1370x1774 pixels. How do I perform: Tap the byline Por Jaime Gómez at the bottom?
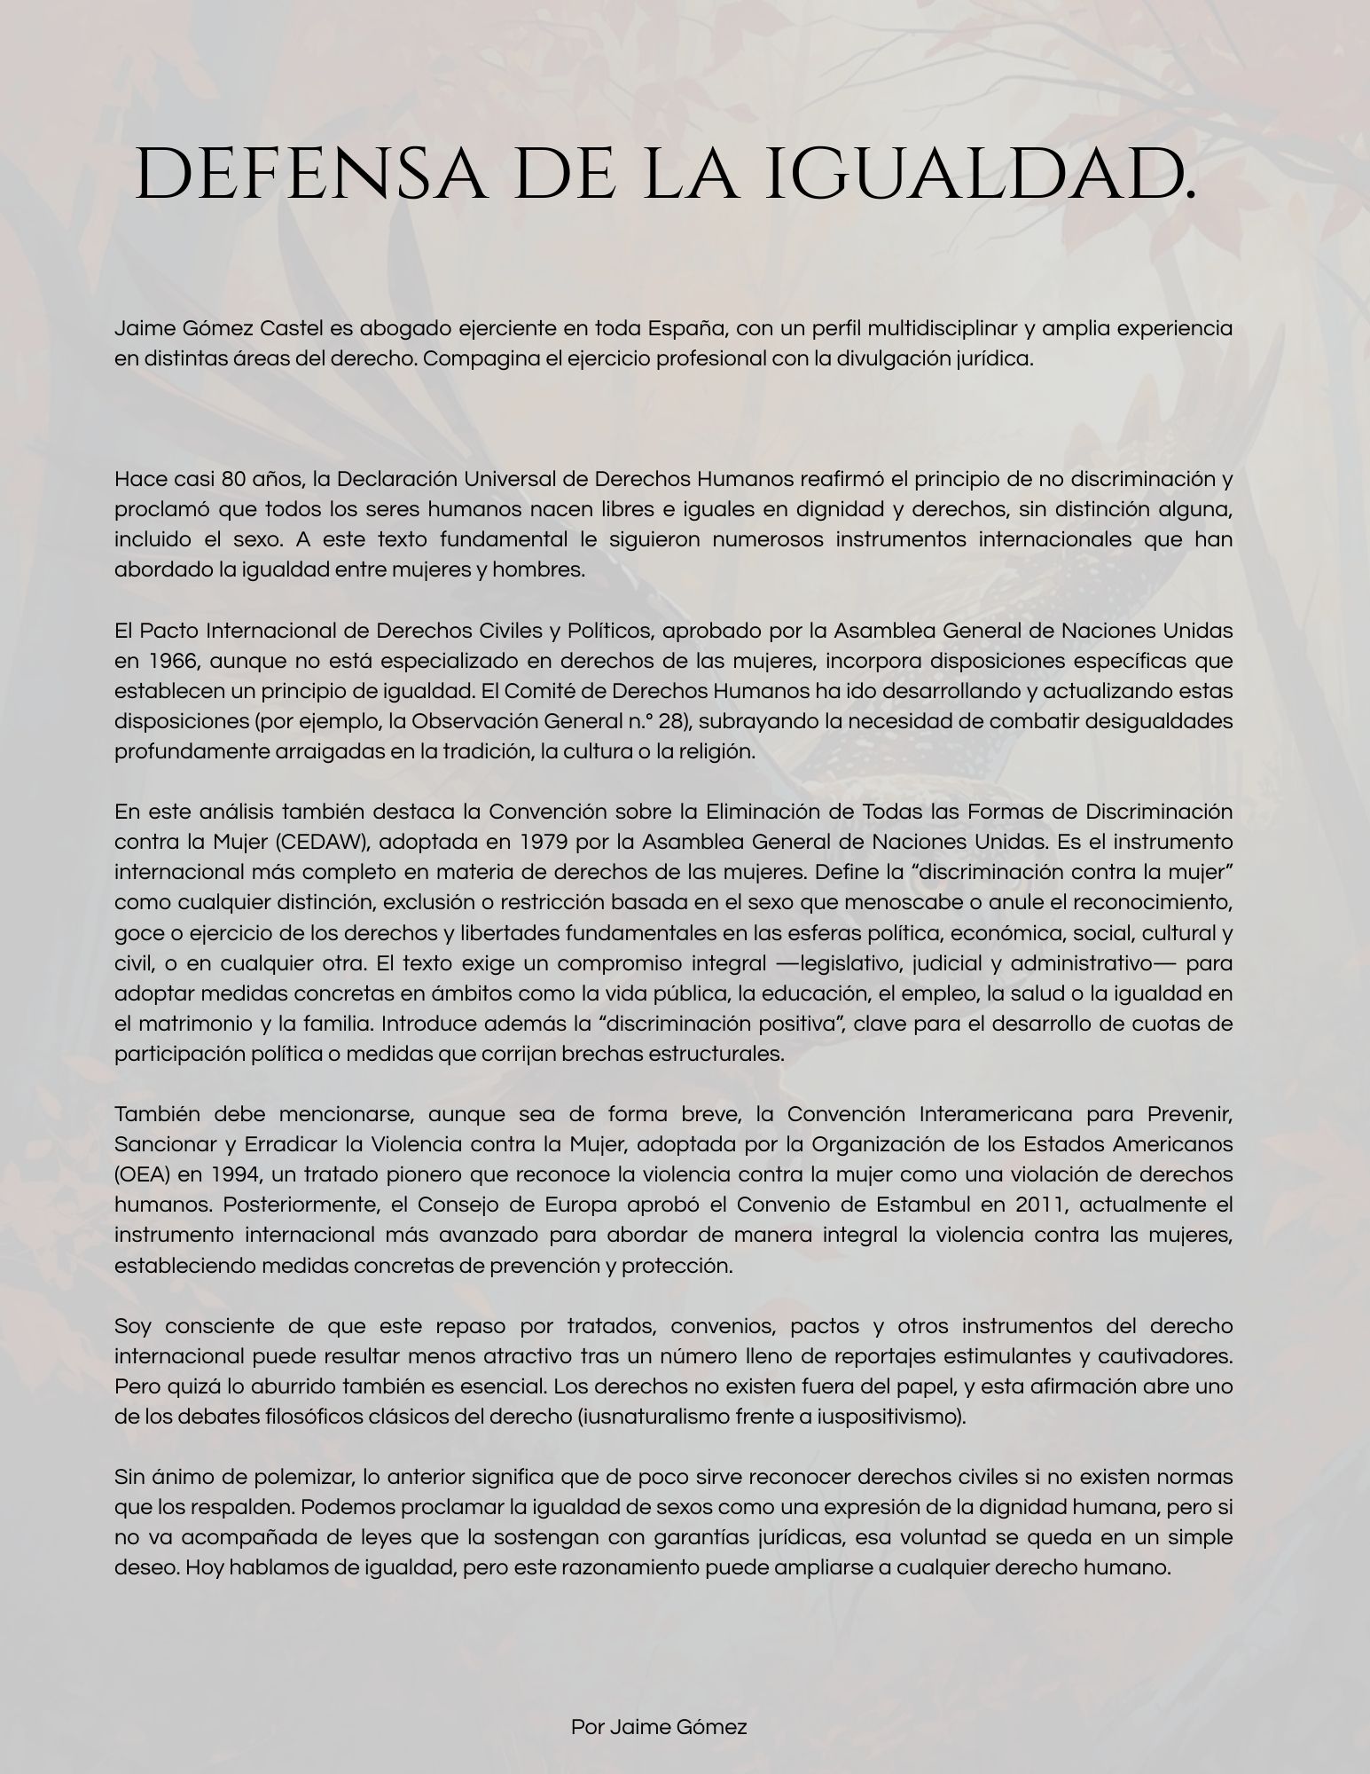[659, 1727]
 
